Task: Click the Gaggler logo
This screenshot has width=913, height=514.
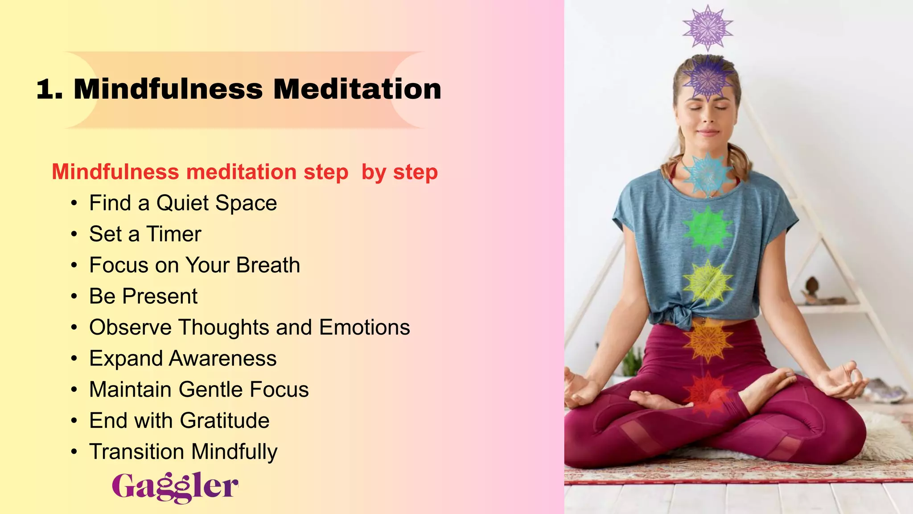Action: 175,487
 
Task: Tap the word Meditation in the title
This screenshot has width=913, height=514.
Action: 357,89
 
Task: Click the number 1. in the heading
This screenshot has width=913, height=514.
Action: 49,89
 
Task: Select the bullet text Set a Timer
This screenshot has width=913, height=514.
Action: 145,234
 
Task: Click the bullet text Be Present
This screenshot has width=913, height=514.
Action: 143,296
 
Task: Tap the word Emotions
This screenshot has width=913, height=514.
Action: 364,327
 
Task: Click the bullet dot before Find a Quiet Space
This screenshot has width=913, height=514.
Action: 74,203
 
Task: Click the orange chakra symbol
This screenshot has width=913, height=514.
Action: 708,339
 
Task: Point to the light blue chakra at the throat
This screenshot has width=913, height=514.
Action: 708,173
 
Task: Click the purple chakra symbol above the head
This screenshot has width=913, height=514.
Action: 708,28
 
